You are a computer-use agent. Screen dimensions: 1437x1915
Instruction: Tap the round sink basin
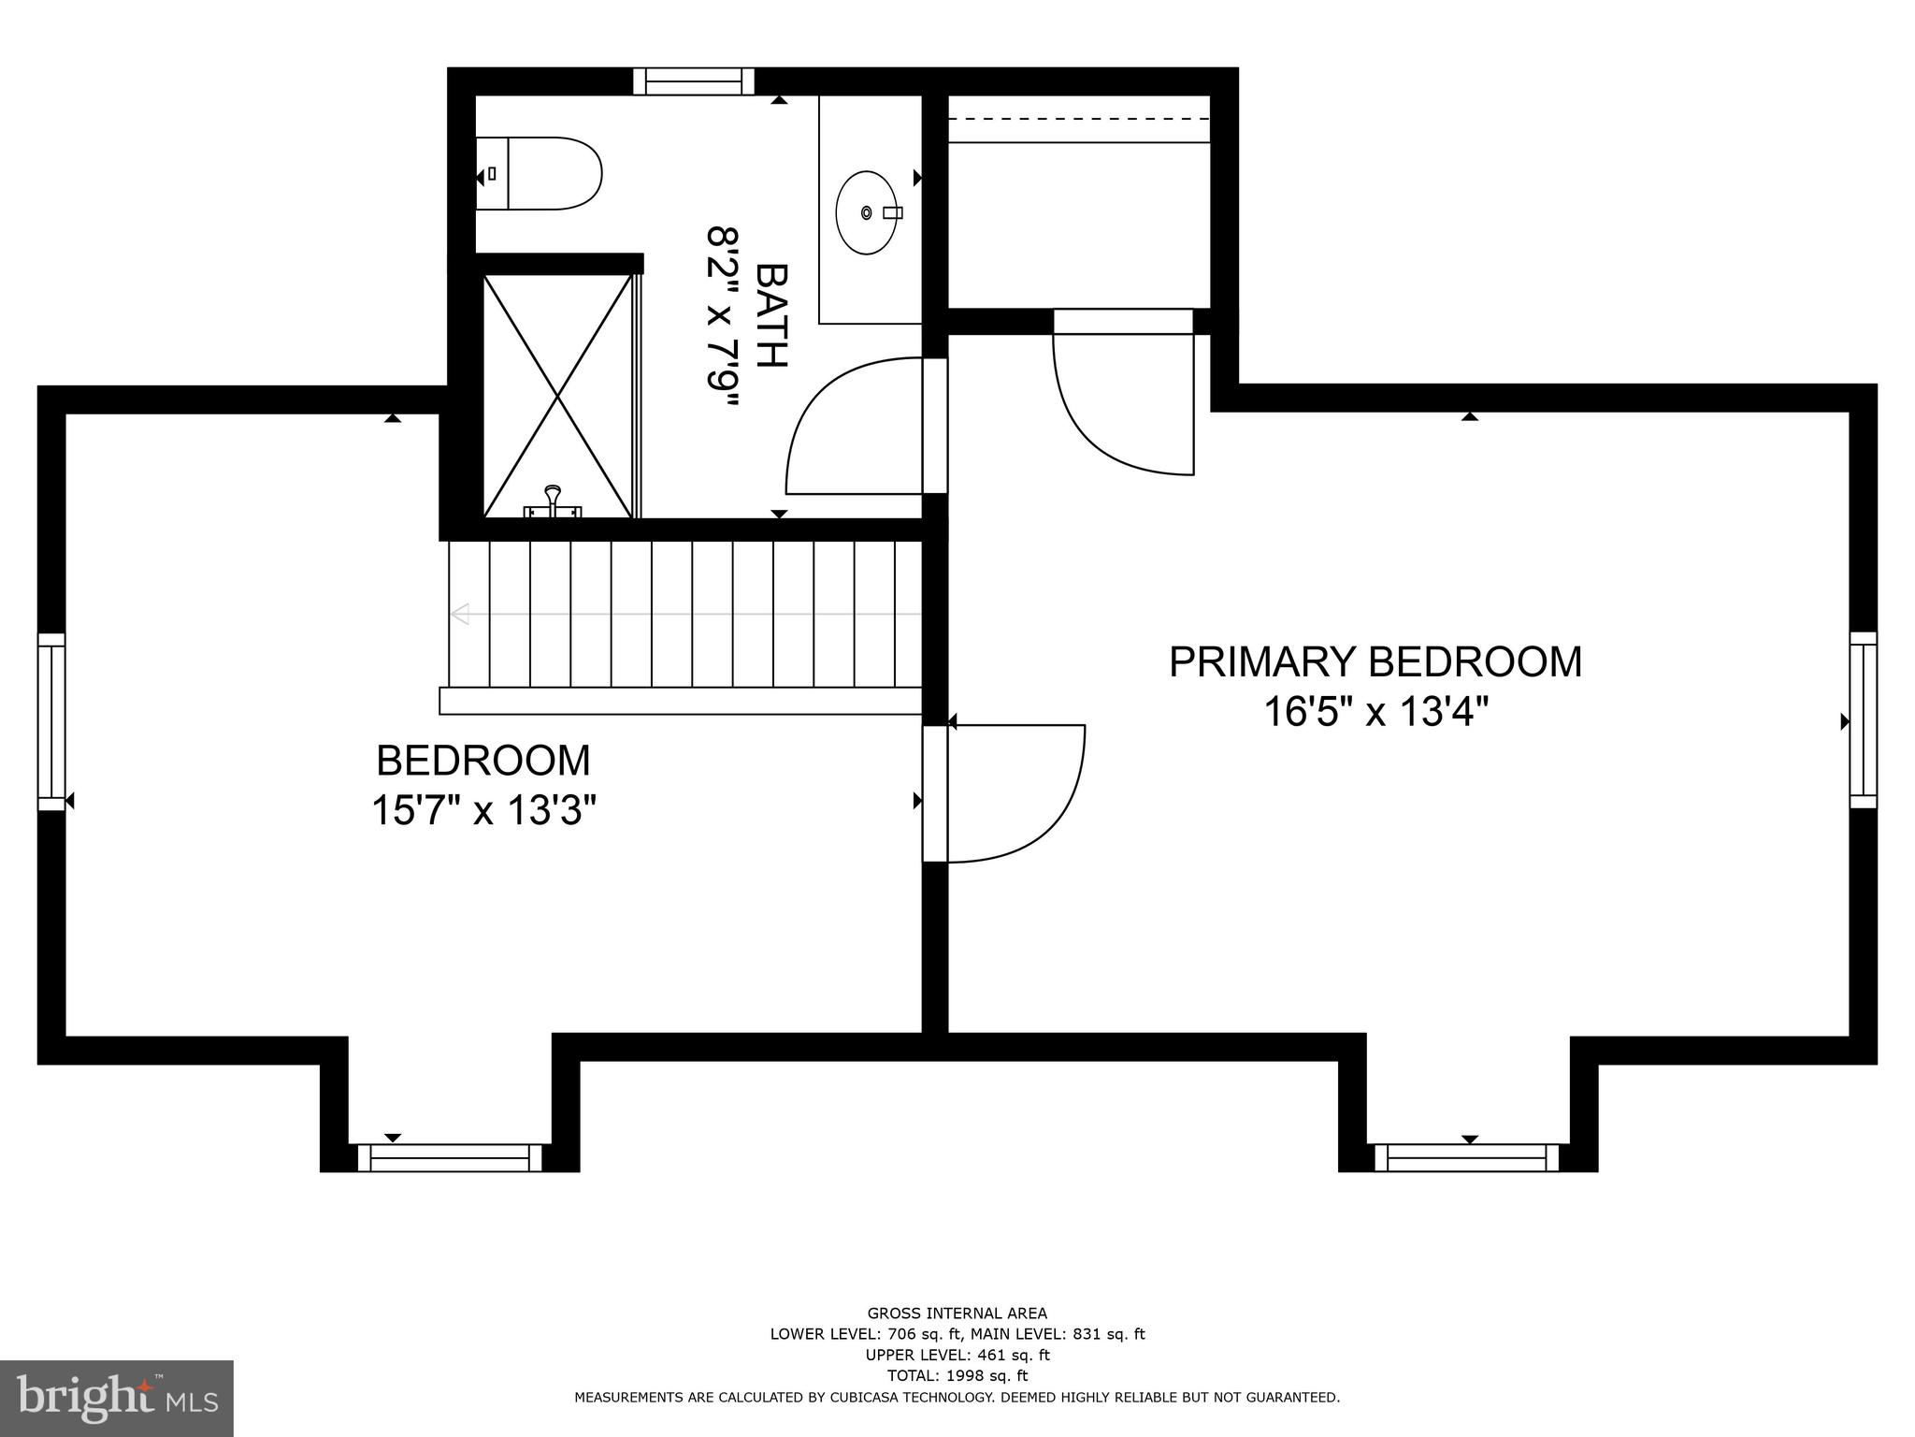coord(867,212)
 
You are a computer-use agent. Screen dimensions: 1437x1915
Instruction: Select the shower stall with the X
coord(558,396)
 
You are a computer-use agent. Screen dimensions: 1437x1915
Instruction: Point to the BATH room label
coord(772,316)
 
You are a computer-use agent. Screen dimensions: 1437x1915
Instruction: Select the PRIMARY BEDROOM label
coord(1375,662)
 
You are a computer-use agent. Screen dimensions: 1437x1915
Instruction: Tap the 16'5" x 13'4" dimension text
coord(1375,713)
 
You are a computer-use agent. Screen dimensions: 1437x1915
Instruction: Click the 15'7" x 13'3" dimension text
coord(483,810)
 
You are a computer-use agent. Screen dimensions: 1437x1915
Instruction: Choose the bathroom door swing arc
coord(846,427)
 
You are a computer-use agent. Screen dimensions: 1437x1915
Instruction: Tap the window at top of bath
coord(694,82)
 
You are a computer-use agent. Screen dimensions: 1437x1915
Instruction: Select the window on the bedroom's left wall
coord(51,721)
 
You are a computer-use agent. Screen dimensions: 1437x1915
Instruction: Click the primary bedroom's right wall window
coord(1863,719)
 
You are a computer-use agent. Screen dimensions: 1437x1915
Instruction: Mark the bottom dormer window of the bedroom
coord(450,1157)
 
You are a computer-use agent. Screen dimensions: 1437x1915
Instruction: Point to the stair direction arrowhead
coord(459,615)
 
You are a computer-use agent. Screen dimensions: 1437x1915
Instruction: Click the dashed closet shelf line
coord(1079,119)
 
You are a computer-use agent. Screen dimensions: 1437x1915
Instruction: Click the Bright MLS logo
coord(116,1398)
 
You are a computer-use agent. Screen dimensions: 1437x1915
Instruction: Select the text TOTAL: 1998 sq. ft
coord(957,1375)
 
